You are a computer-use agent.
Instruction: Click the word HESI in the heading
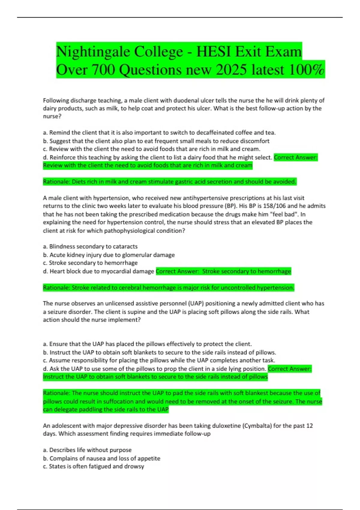[213, 52]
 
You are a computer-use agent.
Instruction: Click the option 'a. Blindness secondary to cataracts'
[90, 246]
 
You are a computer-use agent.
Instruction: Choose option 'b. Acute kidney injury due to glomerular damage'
[109, 255]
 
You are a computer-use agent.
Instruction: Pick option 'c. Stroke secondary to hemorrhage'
[90, 263]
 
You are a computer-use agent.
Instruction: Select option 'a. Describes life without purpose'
[87, 450]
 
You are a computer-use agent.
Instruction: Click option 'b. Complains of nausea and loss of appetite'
[102, 458]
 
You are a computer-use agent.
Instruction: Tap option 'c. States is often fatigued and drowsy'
[94, 466]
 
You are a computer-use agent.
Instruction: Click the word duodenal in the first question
[172, 100]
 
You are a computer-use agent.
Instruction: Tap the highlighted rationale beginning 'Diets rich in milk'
[170, 182]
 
